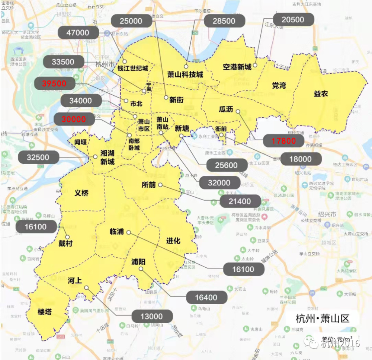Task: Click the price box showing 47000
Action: coord(78,33)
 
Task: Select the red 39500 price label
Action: coord(54,84)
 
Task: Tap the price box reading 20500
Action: coord(293,20)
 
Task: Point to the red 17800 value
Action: coord(283,141)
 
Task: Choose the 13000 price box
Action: coord(152,316)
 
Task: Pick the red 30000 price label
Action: coord(74,119)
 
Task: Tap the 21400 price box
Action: coord(241,201)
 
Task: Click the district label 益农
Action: coord(321,94)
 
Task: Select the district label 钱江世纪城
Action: coord(133,68)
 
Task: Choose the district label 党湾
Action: coord(279,85)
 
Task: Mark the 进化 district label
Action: coord(173,241)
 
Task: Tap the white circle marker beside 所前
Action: coord(160,185)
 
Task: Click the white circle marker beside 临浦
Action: coord(129,232)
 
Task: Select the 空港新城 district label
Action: coord(237,67)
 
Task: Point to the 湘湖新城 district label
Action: coord(107,157)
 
